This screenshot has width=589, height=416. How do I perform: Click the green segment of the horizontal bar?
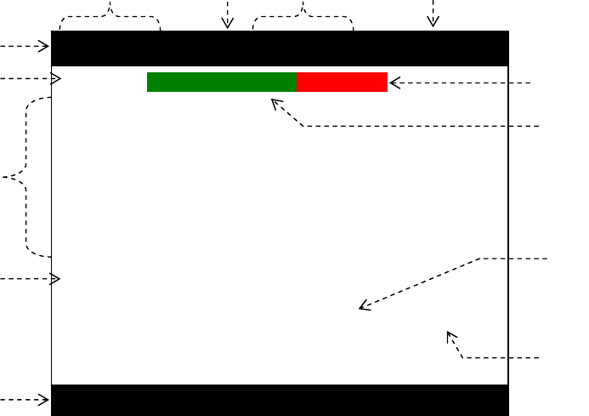222,82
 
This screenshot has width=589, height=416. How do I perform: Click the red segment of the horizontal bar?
343,82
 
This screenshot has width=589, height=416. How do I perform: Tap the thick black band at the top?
280,48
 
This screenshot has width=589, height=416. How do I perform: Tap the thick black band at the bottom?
280,400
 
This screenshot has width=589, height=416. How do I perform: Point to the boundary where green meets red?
297,82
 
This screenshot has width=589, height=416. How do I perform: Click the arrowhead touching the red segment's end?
394,83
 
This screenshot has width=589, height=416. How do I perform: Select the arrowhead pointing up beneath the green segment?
275,102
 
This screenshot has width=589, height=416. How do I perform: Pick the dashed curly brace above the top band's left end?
110,15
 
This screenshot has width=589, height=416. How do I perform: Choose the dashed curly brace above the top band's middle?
303,15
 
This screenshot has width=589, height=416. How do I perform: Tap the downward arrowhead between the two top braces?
227,24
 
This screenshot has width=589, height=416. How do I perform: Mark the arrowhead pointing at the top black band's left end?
45,46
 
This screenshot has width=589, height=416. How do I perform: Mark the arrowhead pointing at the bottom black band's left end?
45,400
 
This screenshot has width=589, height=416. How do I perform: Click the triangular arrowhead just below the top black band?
56,79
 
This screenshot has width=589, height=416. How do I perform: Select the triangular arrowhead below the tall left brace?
56,278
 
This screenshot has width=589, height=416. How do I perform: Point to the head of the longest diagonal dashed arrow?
363,307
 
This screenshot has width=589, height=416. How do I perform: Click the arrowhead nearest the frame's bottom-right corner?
450,334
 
